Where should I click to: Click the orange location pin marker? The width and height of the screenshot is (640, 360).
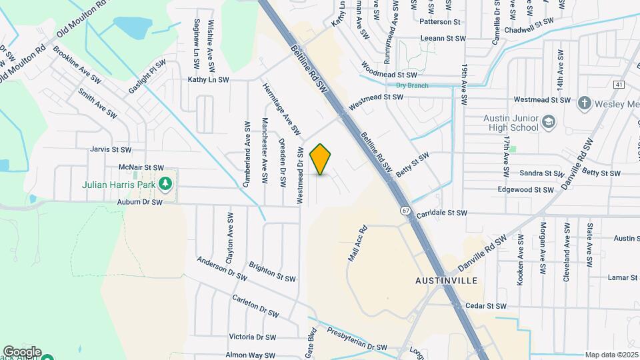click(321, 159)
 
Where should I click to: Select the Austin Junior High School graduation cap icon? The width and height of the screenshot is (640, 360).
click(548, 122)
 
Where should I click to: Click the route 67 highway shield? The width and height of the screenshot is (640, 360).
click(405, 211)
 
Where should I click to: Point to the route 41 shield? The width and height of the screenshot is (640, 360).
click(619, 85)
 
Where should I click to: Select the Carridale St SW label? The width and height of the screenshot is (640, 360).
click(441, 213)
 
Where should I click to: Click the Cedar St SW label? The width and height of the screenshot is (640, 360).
click(486, 306)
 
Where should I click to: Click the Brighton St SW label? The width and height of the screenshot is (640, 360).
click(271, 272)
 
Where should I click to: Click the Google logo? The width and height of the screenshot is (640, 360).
click(22, 351)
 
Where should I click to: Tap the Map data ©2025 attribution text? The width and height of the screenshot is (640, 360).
click(612, 355)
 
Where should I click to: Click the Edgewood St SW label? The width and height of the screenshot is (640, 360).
click(526, 190)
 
